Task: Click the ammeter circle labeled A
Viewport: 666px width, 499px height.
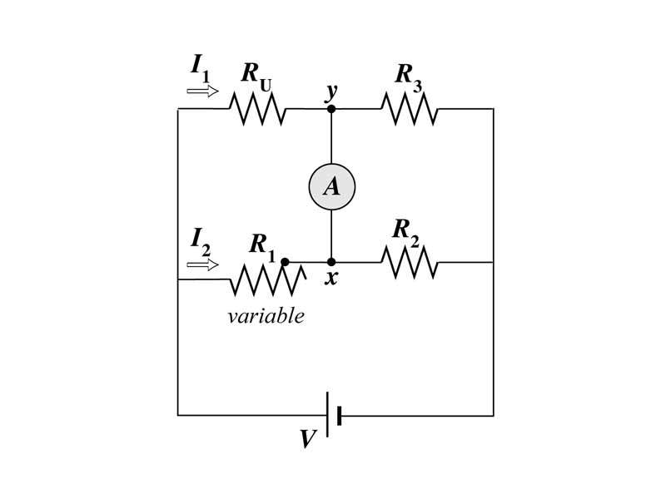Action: click(x=331, y=186)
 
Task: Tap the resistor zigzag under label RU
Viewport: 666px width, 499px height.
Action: click(x=258, y=109)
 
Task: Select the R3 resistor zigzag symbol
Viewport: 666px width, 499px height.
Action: click(x=409, y=109)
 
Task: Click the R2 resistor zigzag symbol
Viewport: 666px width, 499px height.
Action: click(x=409, y=262)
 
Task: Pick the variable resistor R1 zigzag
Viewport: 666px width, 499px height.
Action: click(x=266, y=280)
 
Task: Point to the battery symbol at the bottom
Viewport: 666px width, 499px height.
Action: click(x=334, y=414)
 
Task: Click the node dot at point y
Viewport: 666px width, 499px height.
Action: click(x=331, y=109)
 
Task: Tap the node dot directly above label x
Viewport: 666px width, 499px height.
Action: click(x=331, y=262)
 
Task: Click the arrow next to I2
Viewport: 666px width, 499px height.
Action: click(x=202, y=264)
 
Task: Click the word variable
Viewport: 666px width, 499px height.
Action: click(x=266, y=316)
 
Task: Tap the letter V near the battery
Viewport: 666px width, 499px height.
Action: click(x=308, y=439)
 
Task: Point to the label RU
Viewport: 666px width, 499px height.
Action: click(x=256, y=74)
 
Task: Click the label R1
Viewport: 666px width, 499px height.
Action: click(x=262, y=245)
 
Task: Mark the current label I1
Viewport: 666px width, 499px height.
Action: click(x=200, y=67)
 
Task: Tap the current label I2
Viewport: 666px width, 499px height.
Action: click(x=200, y=240)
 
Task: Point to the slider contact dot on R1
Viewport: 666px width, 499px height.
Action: click(x=285, y=262)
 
